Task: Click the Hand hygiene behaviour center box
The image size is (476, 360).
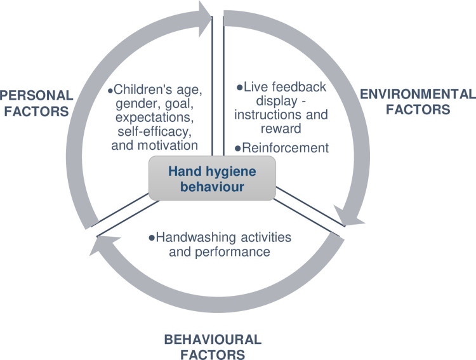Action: point(212,178)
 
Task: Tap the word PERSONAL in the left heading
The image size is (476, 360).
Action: point(37,95)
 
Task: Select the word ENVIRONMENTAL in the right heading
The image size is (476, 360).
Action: point(418,94)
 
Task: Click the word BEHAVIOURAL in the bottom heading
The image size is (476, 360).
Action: point(213,340)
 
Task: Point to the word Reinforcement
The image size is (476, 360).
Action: point(286,148)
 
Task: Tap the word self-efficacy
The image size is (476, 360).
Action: point(155,131)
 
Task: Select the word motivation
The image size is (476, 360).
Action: point(168,145)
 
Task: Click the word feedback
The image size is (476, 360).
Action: point(299,87)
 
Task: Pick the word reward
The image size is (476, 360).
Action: point(281,128)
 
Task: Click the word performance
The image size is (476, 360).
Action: point(232,252)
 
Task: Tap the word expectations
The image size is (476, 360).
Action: point(155,117)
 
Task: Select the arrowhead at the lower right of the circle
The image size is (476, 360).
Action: point(349,217)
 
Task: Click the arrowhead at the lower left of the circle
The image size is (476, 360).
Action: point(102,245)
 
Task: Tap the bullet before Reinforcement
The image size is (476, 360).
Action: point(238,149)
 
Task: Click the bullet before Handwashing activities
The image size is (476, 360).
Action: point(152,237)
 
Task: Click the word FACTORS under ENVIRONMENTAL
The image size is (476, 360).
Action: point(418,109)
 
